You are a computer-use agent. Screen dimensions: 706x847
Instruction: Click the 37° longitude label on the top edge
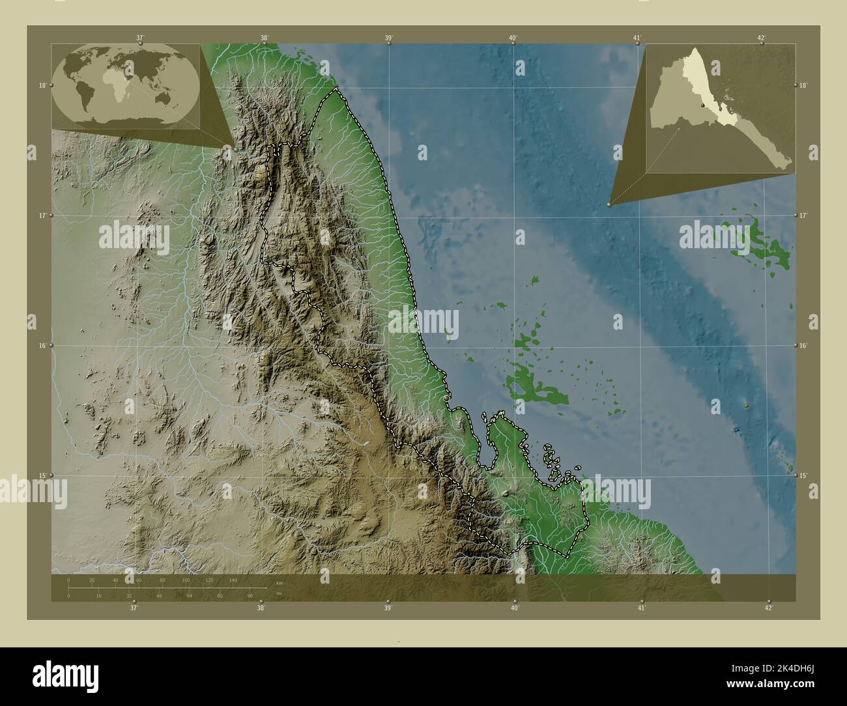(140, 37)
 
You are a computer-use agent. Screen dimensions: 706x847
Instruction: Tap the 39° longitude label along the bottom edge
(388, 608)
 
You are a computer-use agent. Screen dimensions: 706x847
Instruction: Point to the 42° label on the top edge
(762, 37)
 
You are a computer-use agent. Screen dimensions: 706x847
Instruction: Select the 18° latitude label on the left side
(42, 85)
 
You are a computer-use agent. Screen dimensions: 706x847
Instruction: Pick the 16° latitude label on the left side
(42, 345)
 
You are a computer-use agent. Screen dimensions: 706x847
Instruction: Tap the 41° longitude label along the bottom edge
(642, 608)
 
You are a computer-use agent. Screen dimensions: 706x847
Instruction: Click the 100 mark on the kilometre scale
(186, 580)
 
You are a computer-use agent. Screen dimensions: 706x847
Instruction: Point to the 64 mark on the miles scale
(189, 595)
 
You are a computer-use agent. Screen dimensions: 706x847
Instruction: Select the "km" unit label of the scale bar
(280, 582)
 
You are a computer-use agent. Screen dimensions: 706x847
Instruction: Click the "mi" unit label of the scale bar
(278, 593)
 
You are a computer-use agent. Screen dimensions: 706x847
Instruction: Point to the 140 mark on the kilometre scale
(233, 580)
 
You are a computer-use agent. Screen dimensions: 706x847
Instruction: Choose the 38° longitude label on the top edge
(265, 37)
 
